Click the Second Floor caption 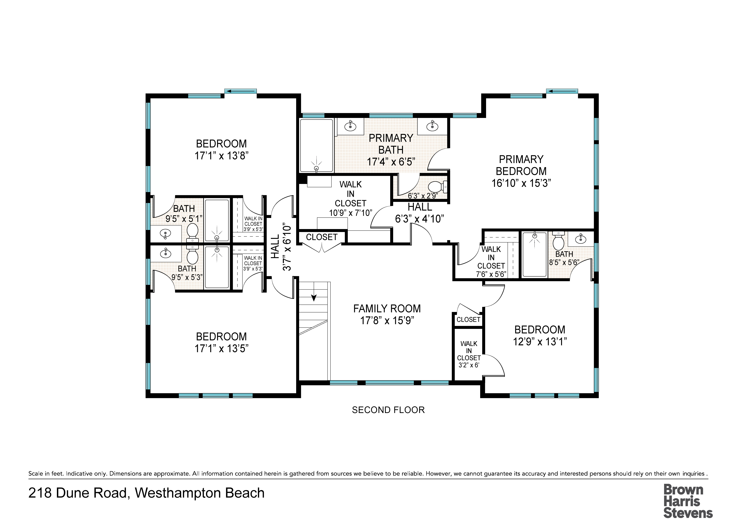(388, 410)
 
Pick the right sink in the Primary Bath (432, 126)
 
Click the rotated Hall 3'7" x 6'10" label (281, 248)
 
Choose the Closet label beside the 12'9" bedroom (468, 319)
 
